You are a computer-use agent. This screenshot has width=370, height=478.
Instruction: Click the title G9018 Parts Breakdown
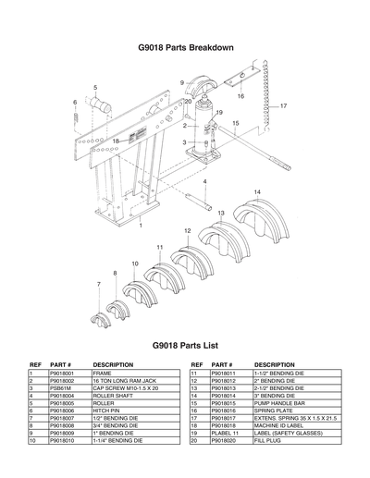[185, 47]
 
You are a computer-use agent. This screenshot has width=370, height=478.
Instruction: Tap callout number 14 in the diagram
[256, 191]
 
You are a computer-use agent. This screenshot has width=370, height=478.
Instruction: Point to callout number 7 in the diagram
[98, 285]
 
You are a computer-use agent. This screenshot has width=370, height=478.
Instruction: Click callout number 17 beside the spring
[283, 105]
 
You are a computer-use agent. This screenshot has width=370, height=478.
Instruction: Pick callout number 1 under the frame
[140, 225]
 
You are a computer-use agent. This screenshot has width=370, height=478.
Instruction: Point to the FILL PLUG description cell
[268, 441]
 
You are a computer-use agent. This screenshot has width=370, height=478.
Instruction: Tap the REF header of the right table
[196, 364]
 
